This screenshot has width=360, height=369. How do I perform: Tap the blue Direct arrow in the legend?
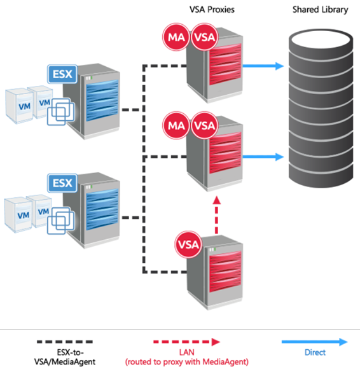click(315, 342)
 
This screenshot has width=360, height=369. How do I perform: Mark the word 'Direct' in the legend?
click(315, 352)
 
